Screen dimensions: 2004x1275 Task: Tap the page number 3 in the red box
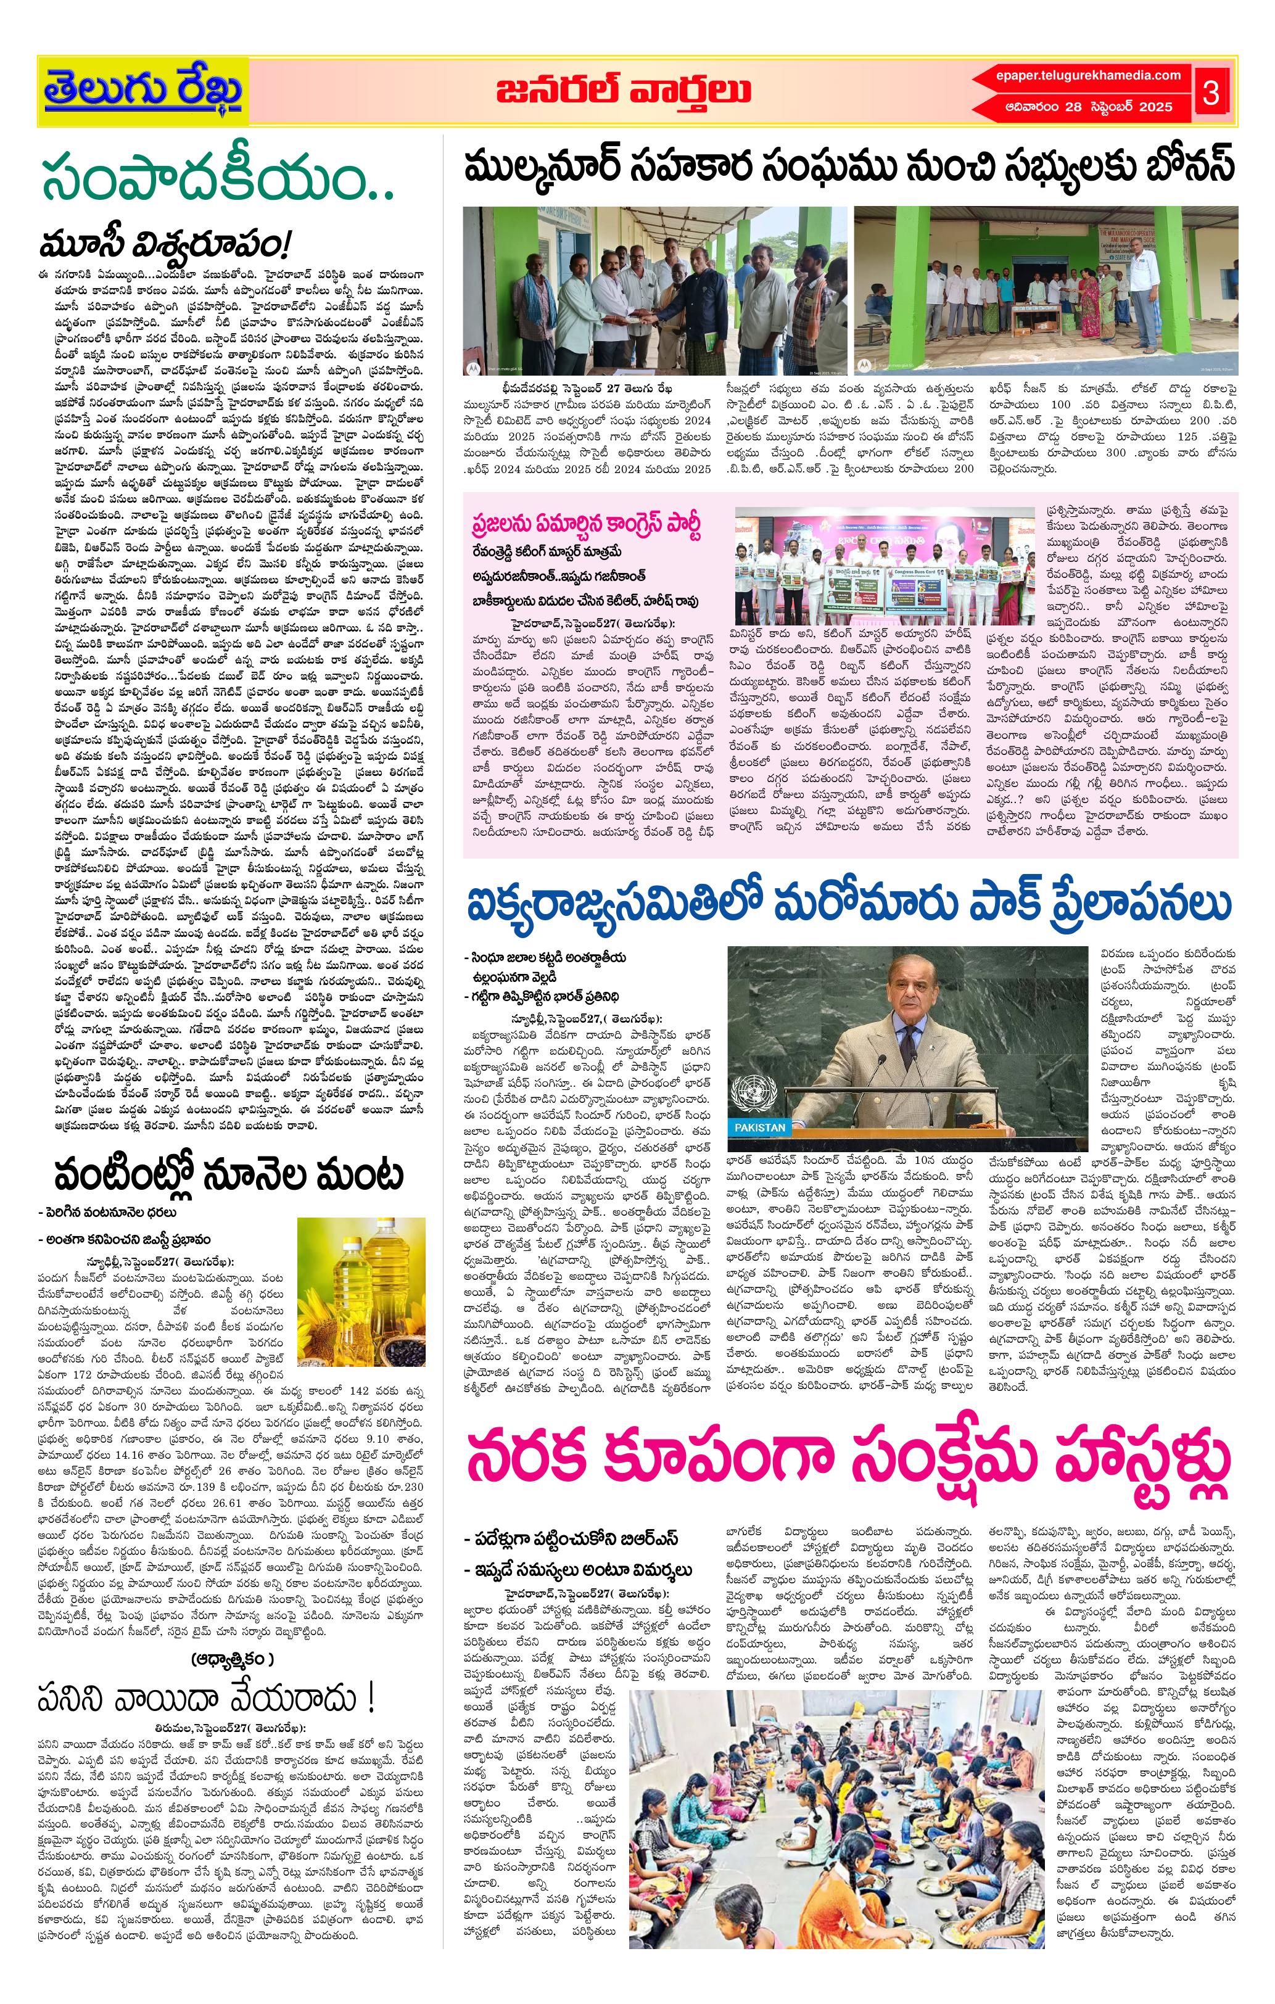point(1210,93)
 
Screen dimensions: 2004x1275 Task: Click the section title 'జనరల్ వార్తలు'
point(624,91)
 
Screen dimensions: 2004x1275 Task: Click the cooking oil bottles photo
point(361,1285)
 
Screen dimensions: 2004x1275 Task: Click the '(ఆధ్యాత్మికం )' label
point(231,1635)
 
